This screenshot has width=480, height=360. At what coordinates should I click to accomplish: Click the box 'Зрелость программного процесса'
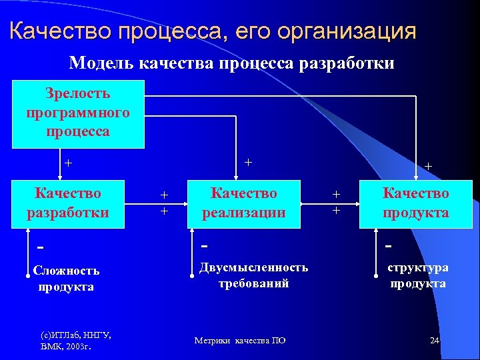coord(78,113)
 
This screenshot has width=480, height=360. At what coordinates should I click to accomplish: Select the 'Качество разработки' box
coord(68,203)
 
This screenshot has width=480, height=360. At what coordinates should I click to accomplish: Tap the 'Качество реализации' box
coord(243,203)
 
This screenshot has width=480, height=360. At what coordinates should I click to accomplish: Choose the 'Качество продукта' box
coord(415,203)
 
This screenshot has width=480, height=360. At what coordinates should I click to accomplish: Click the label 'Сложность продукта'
coord(66,279)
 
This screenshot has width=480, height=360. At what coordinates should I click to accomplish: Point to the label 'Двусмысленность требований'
coord(253,275)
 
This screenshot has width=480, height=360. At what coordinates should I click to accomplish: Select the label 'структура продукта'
coord(418,275)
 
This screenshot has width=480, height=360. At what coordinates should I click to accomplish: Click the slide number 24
coord(435,341)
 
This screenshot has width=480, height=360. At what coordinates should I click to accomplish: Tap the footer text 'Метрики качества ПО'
coord(240,341)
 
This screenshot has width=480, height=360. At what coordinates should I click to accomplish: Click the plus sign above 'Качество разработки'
coord(67,162)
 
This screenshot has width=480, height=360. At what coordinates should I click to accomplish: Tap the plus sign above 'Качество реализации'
coord(247,161)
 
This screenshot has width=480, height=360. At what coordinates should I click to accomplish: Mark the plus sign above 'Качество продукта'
coord(428,166)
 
